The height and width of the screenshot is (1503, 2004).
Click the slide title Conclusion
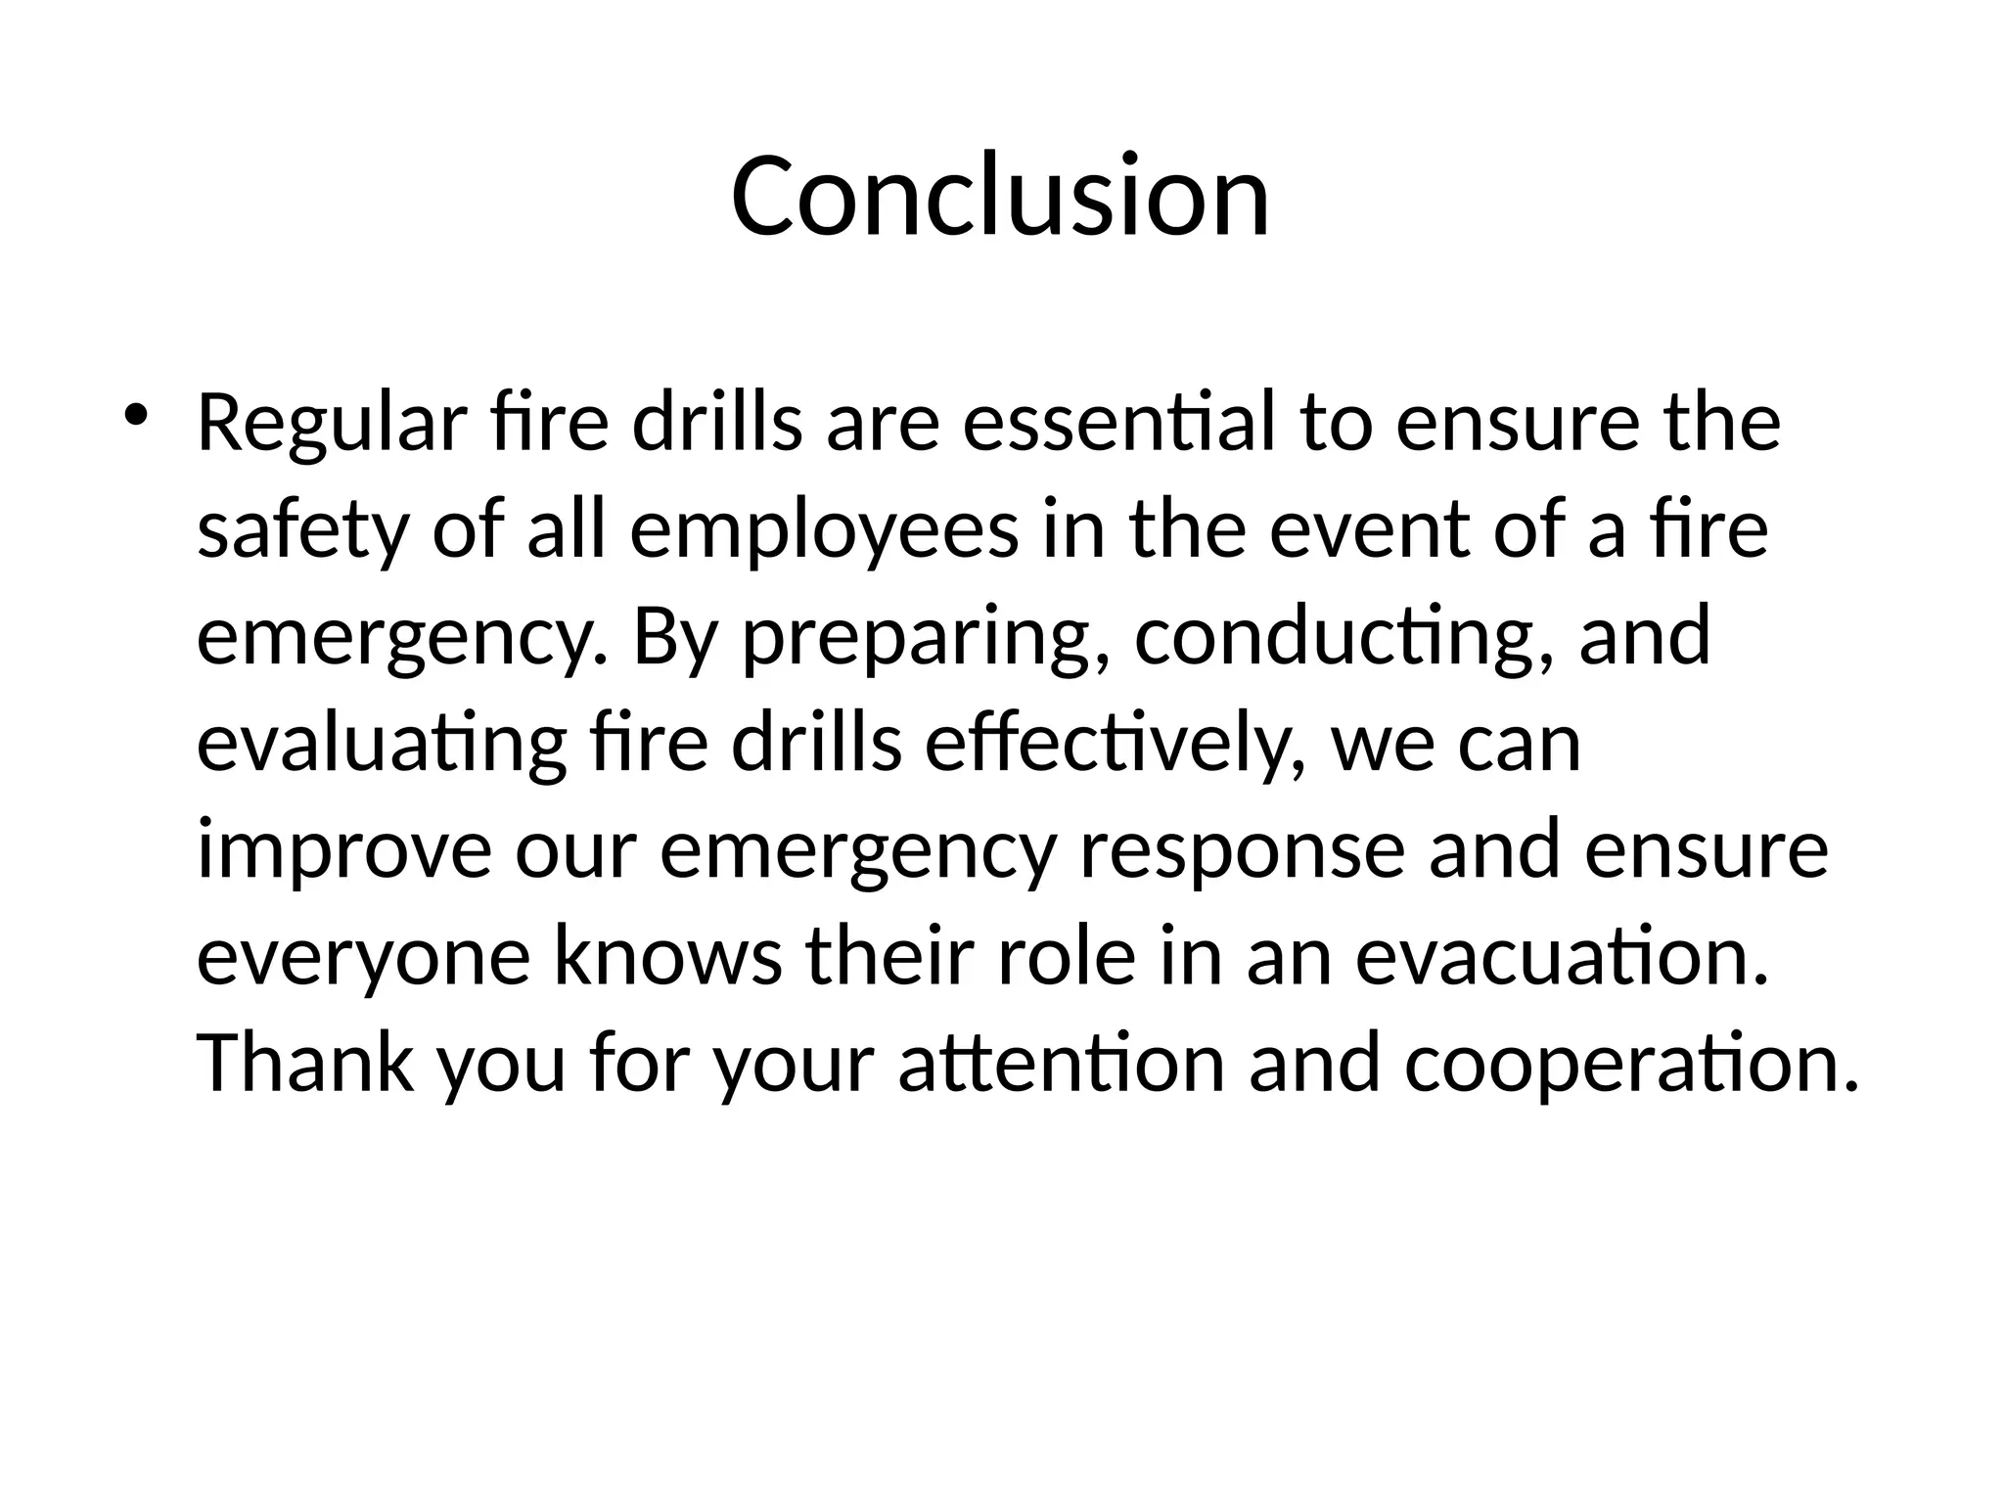(1000, 196)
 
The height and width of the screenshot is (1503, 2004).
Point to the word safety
(301, 533)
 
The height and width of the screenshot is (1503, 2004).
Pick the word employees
(824, 533)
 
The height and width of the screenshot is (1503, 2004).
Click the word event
(1369, 531)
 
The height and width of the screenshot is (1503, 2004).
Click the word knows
(668, 957)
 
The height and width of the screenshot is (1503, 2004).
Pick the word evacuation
(1562, 957)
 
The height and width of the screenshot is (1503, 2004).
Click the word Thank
(305, 1063)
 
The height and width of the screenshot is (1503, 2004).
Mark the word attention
(1062, 1065)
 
